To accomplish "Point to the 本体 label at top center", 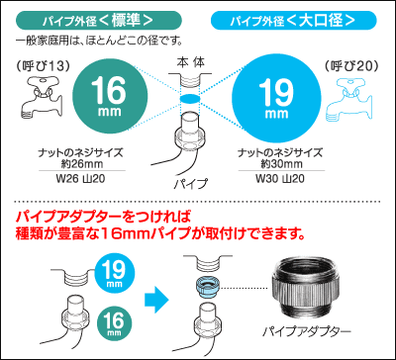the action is click(189, 61).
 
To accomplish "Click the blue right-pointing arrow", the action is click(154, 296).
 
